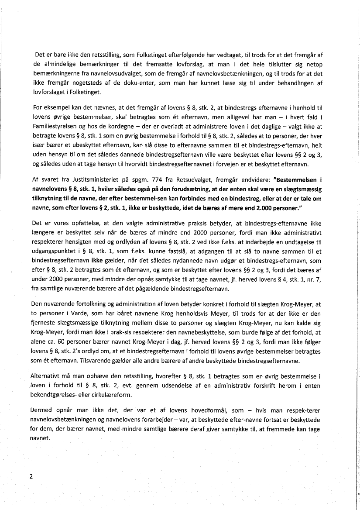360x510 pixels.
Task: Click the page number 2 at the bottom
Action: tap(31, 476)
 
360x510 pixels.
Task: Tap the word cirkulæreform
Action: tap(115, 394)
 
